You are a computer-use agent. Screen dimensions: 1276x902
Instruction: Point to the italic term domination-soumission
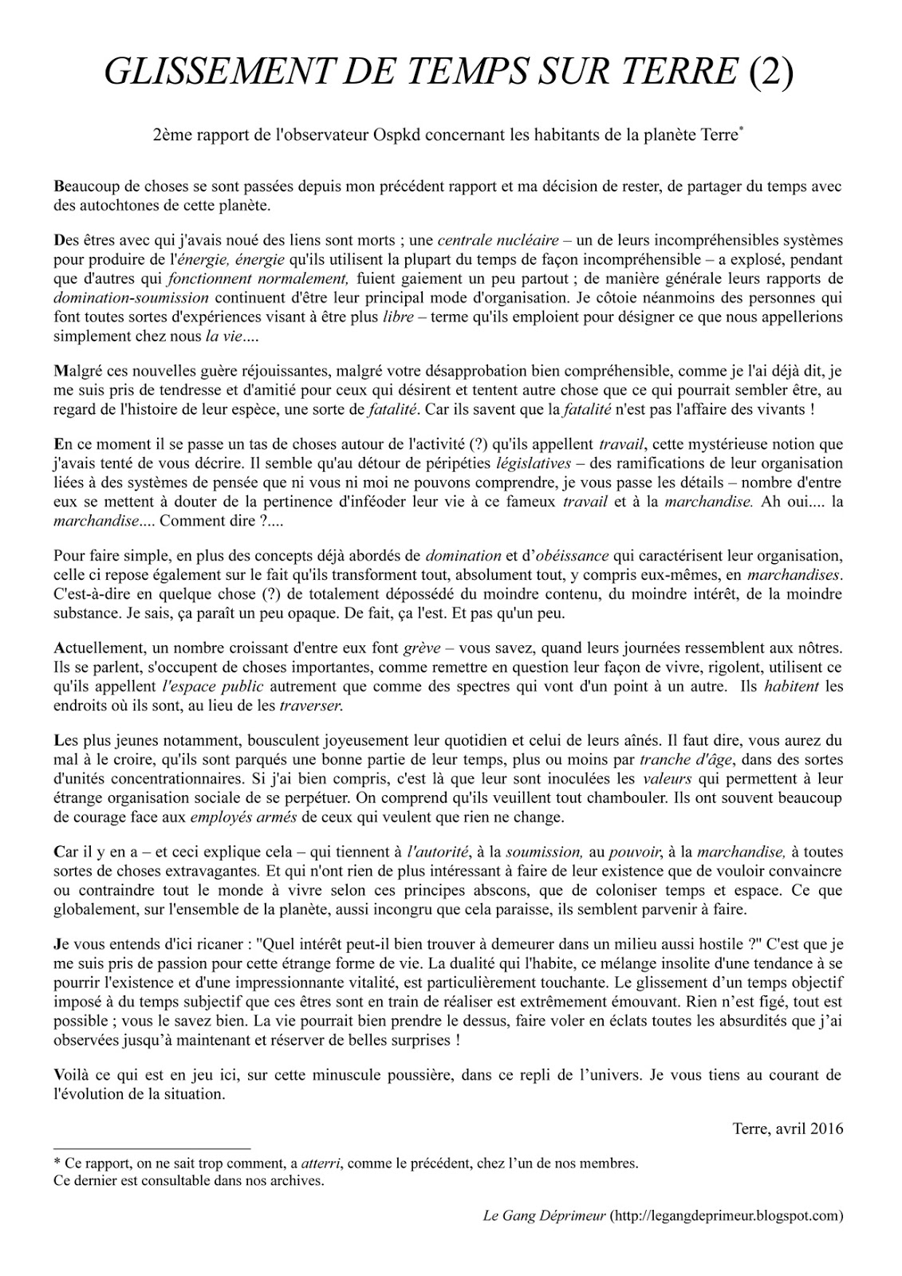click(131, 298)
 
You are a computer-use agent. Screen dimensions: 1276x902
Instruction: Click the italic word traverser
click(311, 706)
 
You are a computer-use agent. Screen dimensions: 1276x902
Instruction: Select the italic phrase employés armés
click(241, 817)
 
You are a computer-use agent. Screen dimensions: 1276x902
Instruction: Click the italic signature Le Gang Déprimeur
click(545, 1216)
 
